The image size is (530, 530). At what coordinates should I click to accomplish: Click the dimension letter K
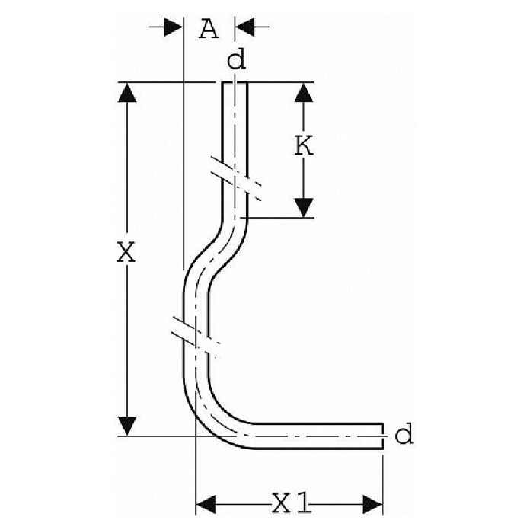tap(304, 145)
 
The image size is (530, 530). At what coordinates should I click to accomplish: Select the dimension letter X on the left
tap(126, 251)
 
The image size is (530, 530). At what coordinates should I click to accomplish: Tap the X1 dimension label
tap(291, 503)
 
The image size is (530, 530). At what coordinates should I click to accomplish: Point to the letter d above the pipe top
tap(236, 60)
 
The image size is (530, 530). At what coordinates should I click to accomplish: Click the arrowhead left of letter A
tap(173, 27)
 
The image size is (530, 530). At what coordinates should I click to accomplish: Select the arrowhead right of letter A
tap(244, 27)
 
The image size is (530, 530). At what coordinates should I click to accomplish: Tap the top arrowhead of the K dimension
tap(304, 92)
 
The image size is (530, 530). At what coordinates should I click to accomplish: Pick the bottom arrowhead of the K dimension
tap(304, 208)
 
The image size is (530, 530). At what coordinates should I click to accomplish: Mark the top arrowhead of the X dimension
tap(127, 92)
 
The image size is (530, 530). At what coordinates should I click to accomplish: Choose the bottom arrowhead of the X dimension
tap(127, 426)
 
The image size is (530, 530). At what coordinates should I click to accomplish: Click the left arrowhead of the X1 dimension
tap(206, 505)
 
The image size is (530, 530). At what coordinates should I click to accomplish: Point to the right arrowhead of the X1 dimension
tap(373, 505)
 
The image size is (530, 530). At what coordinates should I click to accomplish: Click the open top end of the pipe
tap(235, 83)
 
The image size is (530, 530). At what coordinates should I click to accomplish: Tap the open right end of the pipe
tap(382, 436)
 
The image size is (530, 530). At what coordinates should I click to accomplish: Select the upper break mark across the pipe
tap(236, 178)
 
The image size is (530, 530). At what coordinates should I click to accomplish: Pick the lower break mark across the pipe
tap(196, 337)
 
